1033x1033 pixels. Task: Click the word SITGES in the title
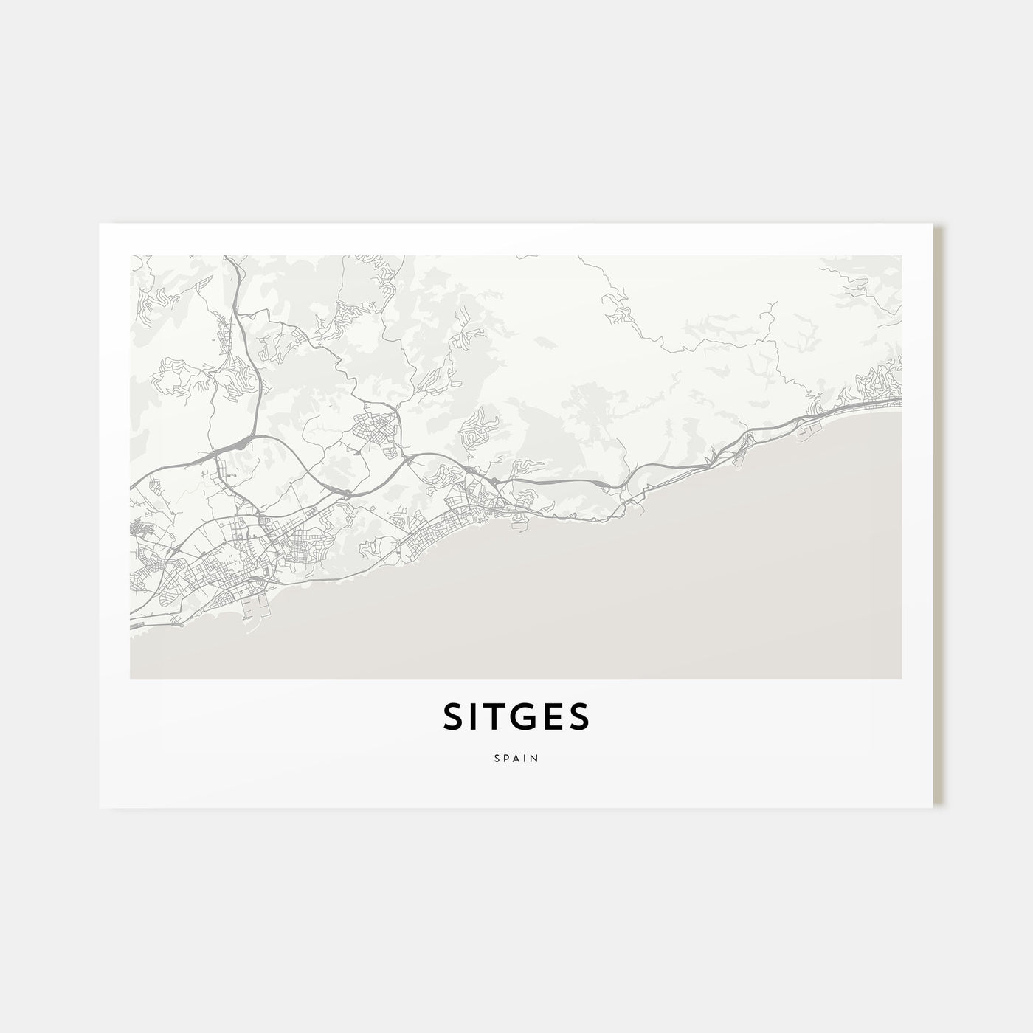(516, 717)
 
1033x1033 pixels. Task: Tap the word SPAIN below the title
(516, 758)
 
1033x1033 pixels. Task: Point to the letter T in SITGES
(491, 717)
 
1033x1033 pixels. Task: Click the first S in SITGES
(452, 717)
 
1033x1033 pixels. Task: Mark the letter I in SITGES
(471, 717)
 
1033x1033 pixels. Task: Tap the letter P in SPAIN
(505, 758)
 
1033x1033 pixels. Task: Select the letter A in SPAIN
(516, 758)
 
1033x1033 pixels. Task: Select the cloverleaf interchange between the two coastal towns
(344, 491)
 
